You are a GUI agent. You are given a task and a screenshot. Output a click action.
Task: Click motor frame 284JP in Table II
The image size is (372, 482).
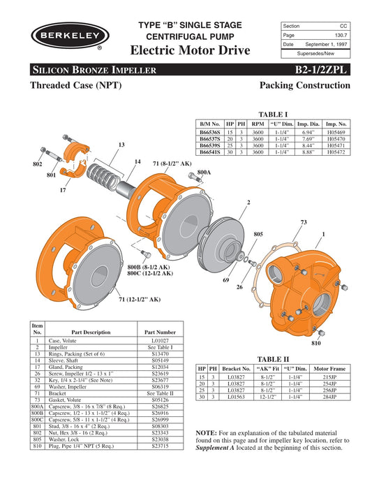(x=330, y=396)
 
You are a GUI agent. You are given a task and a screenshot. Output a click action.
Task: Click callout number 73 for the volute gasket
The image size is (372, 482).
(x=303, y=222)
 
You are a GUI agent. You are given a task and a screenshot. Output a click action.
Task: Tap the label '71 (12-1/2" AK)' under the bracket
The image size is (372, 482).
(x=139, y=299)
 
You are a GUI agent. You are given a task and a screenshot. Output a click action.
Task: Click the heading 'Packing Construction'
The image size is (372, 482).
(x=304, y=85)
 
